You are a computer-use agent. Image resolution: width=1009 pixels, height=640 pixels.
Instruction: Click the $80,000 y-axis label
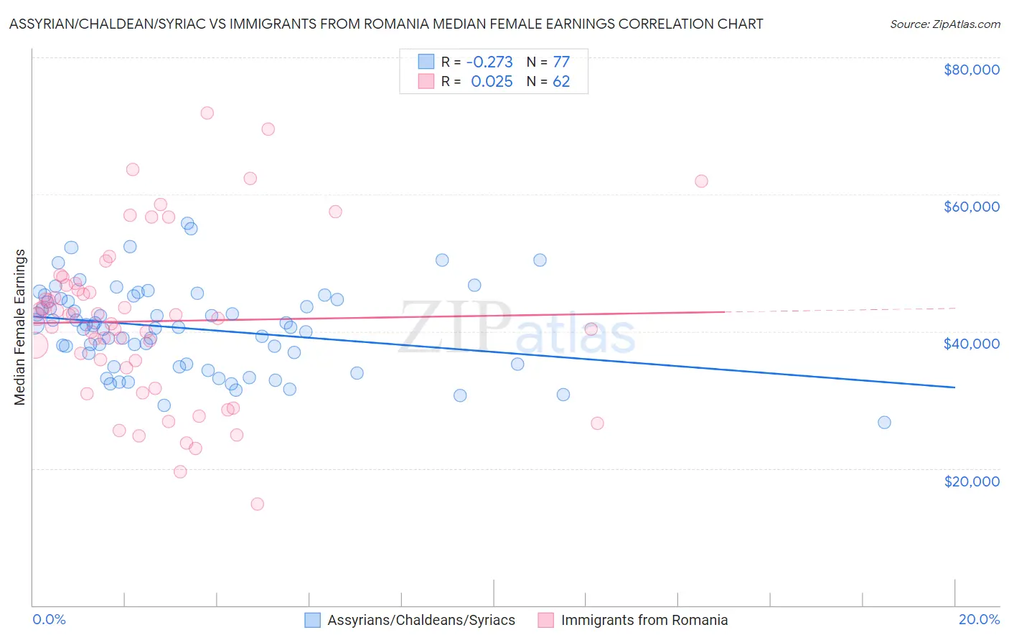(x=971, y=70)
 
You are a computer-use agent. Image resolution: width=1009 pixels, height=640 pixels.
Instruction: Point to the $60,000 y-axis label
(x=971, y=207)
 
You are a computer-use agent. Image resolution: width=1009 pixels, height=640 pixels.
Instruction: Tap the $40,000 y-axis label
(x=971, y=344)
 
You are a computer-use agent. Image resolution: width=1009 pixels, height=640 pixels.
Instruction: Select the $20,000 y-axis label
(x=971, y=481)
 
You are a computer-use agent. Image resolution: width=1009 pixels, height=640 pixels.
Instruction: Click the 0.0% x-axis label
(x=49, y=619)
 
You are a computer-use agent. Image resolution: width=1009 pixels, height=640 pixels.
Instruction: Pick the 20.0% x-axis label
(x=979, y=619)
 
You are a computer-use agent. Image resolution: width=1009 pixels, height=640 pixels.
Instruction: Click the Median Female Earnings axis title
(x=20, y=327)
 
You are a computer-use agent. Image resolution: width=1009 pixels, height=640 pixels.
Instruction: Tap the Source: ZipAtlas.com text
(x=944, y=24)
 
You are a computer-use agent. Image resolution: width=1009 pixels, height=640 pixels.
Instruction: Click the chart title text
(x=386, y=24)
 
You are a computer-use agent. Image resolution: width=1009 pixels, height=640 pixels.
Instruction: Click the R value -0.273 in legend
(x=489, y=62)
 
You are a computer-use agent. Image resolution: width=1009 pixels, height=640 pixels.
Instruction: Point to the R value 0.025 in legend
(x=492, y=82)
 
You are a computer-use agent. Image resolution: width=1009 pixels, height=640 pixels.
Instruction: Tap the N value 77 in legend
(x=561, y=62)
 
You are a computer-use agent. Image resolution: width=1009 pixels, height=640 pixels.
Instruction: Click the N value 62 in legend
(x=561, y=82)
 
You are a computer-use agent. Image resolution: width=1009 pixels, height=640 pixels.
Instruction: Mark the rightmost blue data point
(x=884, y=423)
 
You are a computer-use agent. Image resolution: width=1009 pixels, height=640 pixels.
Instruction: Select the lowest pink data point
(x=257, y=504)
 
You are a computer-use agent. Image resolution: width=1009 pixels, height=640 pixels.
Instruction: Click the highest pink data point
(x=207, y=113)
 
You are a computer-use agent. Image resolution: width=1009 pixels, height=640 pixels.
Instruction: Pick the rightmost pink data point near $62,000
(x=701, y=181)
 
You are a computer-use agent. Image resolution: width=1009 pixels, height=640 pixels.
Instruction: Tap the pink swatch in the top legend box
(x=426, y=82)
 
